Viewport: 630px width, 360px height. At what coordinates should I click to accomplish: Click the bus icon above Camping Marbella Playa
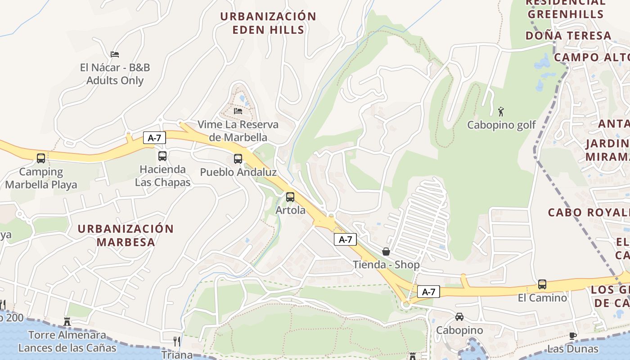[x=41, y=158]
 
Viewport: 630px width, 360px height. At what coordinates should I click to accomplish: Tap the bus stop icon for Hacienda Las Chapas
[x=162, y=156]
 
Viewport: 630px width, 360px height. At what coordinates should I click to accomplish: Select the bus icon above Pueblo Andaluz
[x=238, y=158]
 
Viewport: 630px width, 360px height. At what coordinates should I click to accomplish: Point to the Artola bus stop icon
[x=290, y=197]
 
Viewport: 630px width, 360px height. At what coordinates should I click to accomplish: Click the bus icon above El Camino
[x=542, y=284]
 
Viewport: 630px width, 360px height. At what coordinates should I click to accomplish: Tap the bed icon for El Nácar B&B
[x=115, y=54]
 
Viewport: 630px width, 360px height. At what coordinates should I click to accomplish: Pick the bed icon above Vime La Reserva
[x=238, y=111]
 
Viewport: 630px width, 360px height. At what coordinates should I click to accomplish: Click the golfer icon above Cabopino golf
[x=501, y=111]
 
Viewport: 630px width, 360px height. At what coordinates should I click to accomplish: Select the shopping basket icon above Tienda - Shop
[x=386, y=252]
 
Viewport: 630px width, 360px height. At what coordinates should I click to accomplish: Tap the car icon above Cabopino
[x=459, y=317]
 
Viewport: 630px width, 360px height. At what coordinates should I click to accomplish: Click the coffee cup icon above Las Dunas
[x=573, y=336]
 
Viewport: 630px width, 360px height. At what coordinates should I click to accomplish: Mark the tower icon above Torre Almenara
[x=67, y=321]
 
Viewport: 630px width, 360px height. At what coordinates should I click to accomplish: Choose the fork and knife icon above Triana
[x=177, y=342]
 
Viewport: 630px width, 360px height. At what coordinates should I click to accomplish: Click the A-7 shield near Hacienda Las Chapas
[x=154, y=138]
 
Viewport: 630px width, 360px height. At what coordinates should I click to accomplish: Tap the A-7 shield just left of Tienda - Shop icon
[x=345, y=239]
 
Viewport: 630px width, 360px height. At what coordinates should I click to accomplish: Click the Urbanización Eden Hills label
[x=268, y=23]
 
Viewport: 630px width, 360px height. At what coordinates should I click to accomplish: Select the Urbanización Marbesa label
[x=126, y=235]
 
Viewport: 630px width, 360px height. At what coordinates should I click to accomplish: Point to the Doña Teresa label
[x=568, y=36]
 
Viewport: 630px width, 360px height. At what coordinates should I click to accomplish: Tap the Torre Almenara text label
[x=67, y=335]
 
